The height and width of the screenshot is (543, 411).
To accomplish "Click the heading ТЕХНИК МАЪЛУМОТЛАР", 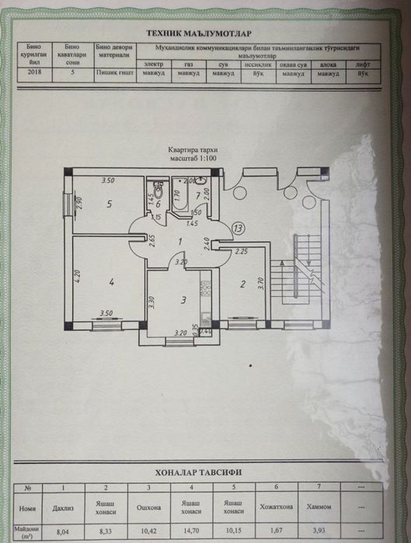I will tap(205, 33).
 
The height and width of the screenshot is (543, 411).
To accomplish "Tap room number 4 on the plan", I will tap(112, 283).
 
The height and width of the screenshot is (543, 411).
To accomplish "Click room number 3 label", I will tap(183, 299).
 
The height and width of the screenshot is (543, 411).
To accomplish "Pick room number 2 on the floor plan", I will tap(242, 285).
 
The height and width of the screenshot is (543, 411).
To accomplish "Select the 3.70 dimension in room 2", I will tap(262, 283).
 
